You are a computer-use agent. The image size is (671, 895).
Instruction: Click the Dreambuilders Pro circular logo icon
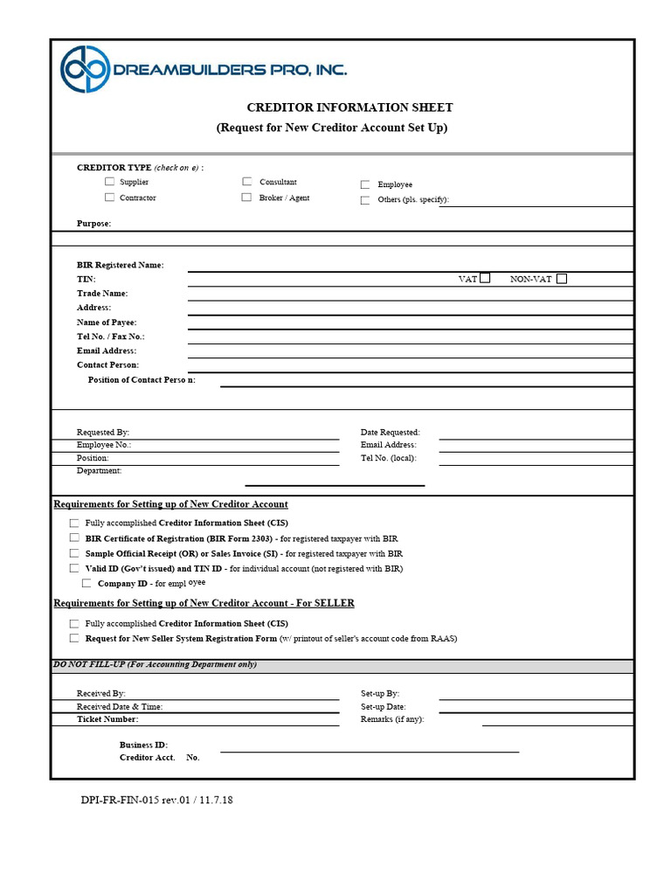tap(85, 69)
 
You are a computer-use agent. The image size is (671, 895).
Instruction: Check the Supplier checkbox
tap(109, 182)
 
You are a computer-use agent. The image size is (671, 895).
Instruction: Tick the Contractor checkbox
tap(109, 198)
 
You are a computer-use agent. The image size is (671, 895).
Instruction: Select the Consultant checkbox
tap(247, 182)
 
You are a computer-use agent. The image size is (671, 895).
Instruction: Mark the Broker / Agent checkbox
tap(247, 198)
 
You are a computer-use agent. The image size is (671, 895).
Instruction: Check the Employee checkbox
tap(365, 184)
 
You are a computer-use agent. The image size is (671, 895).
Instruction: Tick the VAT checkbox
tap(485, 278)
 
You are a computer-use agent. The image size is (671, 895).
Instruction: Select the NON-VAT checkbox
tap(561, 279)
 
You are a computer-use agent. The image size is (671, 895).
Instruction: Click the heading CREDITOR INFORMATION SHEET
tap(349, 108)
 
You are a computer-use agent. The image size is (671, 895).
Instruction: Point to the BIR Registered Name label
tap(120, 265)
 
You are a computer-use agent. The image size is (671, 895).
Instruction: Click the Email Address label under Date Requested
tap(388, 445)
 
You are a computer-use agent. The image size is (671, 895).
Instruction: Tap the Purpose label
tap(93, 224)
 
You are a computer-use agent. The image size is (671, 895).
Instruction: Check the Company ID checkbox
tap(86, 583)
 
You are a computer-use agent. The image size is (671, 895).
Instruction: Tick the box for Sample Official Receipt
tap(74, 553)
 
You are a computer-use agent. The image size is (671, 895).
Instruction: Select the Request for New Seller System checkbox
tap(74, 638)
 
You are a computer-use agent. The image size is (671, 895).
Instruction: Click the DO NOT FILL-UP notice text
tap(155, 664)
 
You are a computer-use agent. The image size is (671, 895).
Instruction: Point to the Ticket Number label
tap(107, 719)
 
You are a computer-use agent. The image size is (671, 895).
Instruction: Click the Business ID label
tap(143, 745)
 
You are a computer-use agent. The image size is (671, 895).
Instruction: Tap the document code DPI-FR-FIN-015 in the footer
tap(121, 800)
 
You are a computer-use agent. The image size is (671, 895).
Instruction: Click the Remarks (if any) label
tap(392, 719)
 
